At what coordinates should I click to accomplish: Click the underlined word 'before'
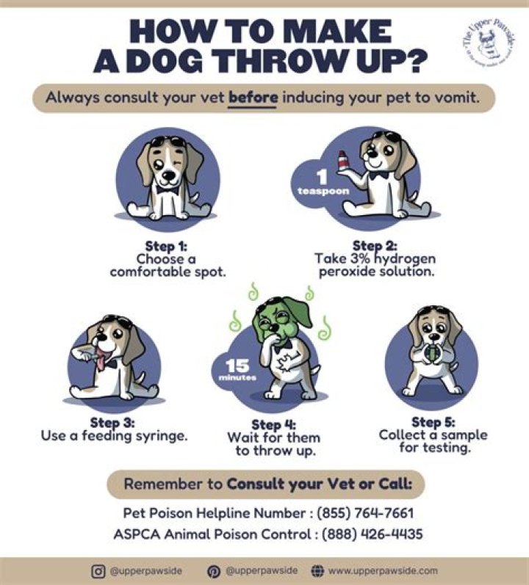[253, 97]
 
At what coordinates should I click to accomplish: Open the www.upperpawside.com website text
[383, 570]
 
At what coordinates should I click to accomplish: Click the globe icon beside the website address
[318, 570]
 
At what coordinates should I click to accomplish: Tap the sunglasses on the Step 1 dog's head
[168, 139]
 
